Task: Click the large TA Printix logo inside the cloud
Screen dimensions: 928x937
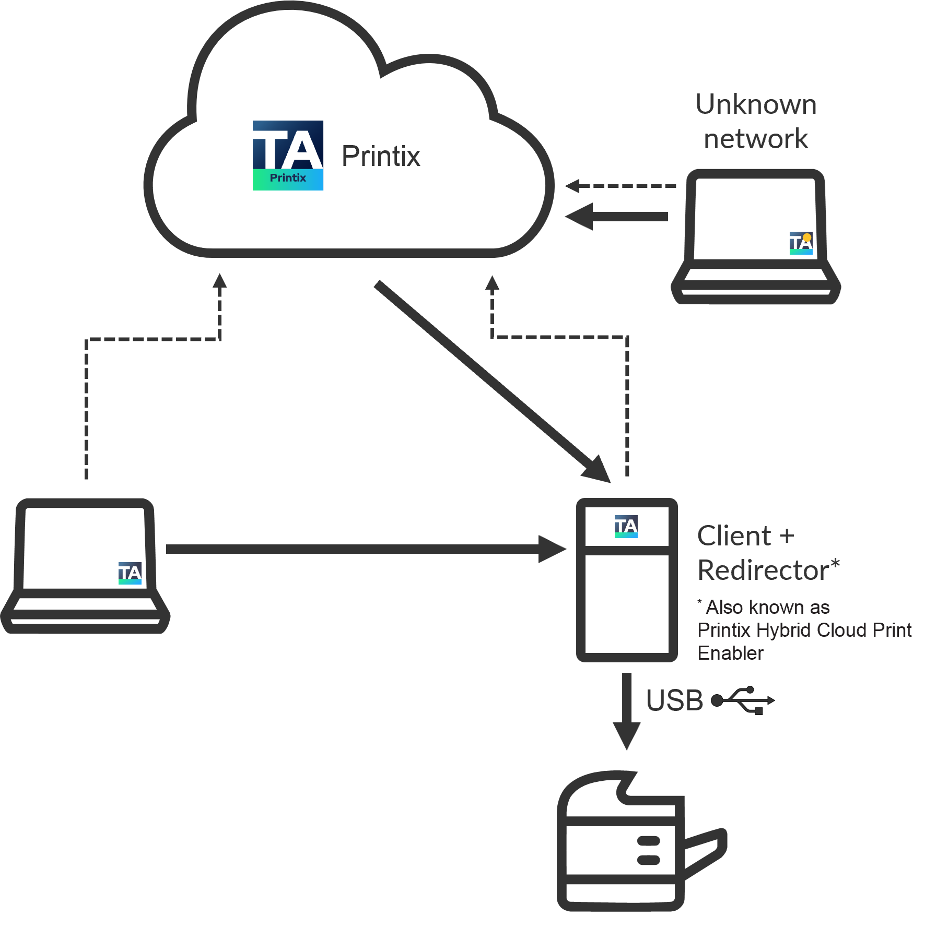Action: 288,156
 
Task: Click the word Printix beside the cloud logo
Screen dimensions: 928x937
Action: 381,156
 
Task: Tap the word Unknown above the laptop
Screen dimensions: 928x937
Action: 756,104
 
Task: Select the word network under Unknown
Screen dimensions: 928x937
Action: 756,139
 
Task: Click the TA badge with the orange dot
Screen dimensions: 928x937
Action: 801,243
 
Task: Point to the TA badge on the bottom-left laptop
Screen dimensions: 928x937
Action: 130,573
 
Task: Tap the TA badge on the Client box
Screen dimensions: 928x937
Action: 626,526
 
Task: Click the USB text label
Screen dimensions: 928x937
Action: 674,700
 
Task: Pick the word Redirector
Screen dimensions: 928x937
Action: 763,570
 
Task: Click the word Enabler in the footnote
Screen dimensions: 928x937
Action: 730,653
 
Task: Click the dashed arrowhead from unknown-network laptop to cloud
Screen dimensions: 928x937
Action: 573,186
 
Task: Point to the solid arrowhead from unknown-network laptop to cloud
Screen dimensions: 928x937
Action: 580,216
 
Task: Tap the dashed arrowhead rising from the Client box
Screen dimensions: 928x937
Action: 492,283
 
